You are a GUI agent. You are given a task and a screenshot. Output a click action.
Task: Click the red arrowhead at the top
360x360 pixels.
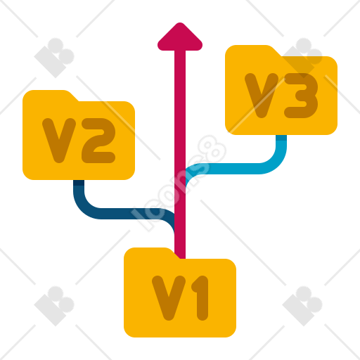tap(180, 37)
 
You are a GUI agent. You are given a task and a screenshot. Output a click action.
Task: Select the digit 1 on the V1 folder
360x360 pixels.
tap(200, 298)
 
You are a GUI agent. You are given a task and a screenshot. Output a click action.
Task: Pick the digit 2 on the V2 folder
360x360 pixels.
tap(98, 141)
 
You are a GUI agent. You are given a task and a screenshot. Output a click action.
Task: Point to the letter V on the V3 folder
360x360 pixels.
tap(262, 96)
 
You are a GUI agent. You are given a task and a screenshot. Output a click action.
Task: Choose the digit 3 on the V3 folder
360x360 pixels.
tap(301, 96)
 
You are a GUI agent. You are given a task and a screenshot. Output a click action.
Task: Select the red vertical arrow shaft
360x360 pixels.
tap(180, 155)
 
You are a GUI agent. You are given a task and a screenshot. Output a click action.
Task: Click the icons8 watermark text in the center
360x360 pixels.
tap(179, 184)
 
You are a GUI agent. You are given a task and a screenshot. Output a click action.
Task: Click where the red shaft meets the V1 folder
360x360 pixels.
tap(180, 259)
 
